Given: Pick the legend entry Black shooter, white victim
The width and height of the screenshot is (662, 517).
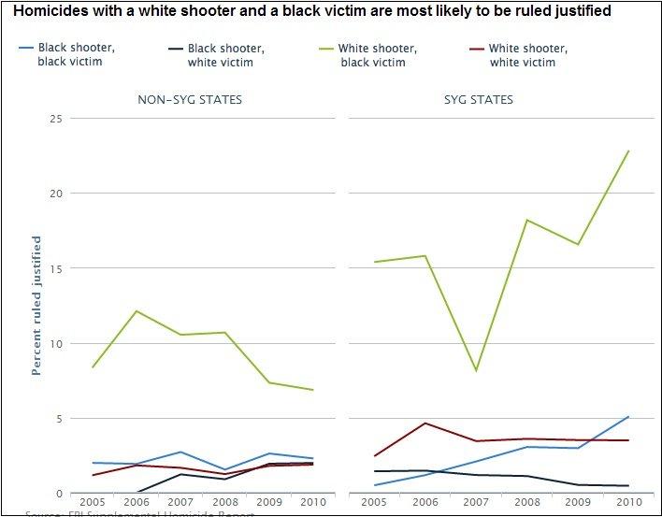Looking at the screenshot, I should point(225,55).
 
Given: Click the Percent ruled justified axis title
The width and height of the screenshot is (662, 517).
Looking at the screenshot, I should point(36,306).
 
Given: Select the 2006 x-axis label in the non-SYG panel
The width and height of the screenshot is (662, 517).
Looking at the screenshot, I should point(137,503).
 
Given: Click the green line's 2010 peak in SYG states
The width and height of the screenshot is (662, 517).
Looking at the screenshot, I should point(628,151).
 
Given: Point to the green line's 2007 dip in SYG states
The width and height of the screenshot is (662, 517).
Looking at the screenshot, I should point(476,371).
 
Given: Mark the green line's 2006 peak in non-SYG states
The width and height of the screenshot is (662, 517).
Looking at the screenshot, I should point(137,310).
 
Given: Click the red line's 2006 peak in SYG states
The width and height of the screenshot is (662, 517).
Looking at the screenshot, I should point(425,423).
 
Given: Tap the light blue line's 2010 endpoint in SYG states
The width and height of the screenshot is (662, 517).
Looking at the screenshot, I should point(628,417).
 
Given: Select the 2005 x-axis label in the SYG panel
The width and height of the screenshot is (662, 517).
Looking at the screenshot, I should point(375,503).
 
